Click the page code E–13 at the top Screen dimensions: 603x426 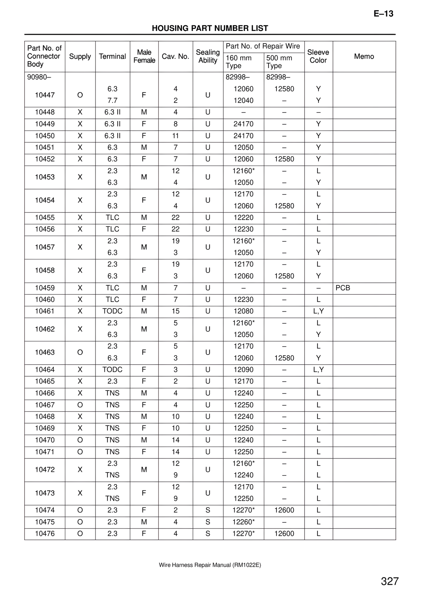click(383, 14)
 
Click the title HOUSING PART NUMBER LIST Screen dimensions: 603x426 click(210, 28)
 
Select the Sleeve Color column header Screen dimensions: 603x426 click(318, 56)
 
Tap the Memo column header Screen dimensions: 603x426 click(364, 56)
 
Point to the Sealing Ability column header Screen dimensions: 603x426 click(208, 56)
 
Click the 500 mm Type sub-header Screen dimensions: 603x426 click(279, 62)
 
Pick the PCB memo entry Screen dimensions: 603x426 click(343, 288)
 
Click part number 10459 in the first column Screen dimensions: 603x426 click(45, 288)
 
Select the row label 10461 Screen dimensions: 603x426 click(45, 311)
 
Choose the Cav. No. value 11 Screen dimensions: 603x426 click(175, 136)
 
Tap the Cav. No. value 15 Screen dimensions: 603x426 click(175, 311)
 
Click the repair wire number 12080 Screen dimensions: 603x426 click(243, 311)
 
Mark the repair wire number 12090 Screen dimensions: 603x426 click(243, 370)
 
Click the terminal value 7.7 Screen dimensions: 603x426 click(112, 101)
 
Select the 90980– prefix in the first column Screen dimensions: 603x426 click(39, 77)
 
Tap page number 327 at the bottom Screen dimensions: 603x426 click(390, 581)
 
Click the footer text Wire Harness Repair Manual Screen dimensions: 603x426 click(210, 565)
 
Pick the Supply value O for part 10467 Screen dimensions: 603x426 click(80, 405)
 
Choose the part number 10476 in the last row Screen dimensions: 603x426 click(45, 534)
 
